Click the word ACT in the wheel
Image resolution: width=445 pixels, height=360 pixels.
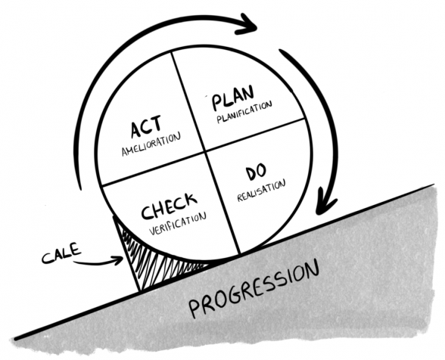[x=146, y=126]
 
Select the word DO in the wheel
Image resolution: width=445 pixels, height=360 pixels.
[x=256, y=172]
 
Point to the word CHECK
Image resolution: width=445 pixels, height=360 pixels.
[x=169, y=206]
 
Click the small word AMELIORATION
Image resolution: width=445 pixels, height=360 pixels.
[x=151, y=144]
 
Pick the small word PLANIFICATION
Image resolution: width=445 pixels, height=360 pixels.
[x=244, y=112]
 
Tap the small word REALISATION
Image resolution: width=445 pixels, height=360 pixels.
[x=261, y=191]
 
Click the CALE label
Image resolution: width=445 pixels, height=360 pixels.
[x=61, y=253]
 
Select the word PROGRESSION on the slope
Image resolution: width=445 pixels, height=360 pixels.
[x=254, y=289]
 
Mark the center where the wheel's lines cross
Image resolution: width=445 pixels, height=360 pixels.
[x=205, y=151]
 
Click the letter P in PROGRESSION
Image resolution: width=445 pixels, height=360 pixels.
[x=196, y=309]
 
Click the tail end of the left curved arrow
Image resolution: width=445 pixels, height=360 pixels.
[x=80, y=189]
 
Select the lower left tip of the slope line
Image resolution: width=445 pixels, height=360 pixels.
[x=15, y=339]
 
